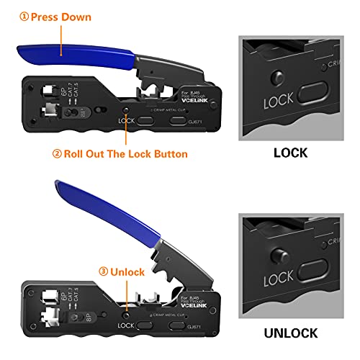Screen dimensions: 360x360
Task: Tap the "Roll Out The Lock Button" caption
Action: point(126,153)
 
